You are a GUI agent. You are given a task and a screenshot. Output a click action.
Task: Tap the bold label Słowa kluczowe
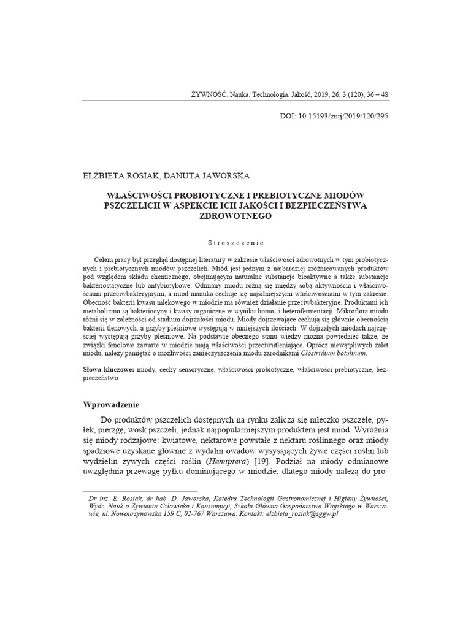(x=108, y=370)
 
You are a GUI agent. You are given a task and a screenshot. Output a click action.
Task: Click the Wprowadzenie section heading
(x=111, y=405)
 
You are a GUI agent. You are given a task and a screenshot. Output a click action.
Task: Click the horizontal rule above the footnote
(x=139, y=491)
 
